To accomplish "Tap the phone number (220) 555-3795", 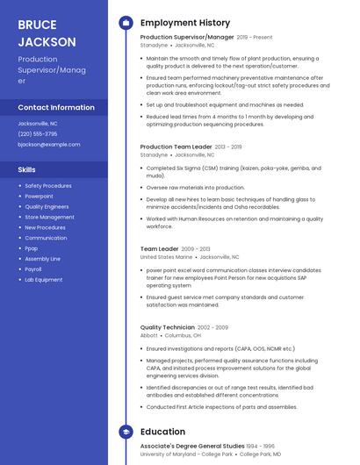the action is tap(38, 134).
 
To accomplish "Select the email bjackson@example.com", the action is tap(48, 145).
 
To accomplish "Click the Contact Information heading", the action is tap(56, 107).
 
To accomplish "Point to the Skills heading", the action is tap(27, 169).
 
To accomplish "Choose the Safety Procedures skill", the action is tap(48, 186).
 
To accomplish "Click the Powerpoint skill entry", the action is tap(39, 197).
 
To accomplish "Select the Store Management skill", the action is tap(49, 217).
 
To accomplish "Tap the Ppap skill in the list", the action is tap(32, 248).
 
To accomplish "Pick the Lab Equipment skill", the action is tap(44, 280).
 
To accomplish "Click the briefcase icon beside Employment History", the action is tap(126, 23).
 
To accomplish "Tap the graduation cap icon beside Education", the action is tap(126, 432).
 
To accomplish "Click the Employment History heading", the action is tap(185, 23).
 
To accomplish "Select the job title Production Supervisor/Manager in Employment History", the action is tap(187, 38).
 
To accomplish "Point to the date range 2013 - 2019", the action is tap(227, 147).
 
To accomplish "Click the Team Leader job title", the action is tap(160, 249).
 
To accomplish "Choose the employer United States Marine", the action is tap(166, 258).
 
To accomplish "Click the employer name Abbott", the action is tap(149, 335).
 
